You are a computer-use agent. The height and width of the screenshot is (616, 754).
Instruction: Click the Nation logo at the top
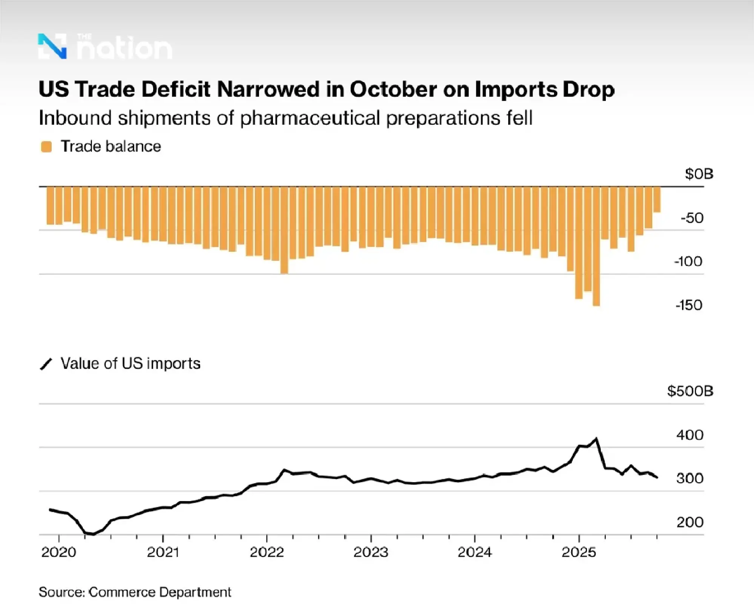coord(105,47)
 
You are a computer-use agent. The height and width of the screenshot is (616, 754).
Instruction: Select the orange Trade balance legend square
coord(46,147)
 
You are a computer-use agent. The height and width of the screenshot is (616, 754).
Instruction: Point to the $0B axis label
coord(699,174)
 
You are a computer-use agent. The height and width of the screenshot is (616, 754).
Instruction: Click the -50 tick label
coord(692,218)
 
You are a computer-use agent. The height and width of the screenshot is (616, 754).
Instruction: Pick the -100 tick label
coord(688,262)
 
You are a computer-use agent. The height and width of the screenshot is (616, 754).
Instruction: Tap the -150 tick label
coord(688,305)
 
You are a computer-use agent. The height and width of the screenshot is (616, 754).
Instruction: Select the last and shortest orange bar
coord(657,200)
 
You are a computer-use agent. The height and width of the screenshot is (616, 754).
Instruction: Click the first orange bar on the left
coord(50,206)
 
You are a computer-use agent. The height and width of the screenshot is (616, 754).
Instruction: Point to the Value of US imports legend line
coord(46,364)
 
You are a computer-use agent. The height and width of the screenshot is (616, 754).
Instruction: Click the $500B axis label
coord(690,391)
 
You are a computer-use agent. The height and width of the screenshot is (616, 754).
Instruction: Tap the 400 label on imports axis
coord(690,435)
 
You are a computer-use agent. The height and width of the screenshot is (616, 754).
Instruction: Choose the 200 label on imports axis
coord(690,522)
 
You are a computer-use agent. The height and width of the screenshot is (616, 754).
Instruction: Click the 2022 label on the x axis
coord(267,553)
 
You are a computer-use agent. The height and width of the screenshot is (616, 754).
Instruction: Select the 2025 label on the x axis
coord(579,553)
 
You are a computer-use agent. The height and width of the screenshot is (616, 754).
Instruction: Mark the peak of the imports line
coord(596,439)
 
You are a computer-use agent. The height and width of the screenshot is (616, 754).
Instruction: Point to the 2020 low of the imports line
coord(93,534)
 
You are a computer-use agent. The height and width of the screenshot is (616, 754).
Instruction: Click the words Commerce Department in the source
coord(159,592)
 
